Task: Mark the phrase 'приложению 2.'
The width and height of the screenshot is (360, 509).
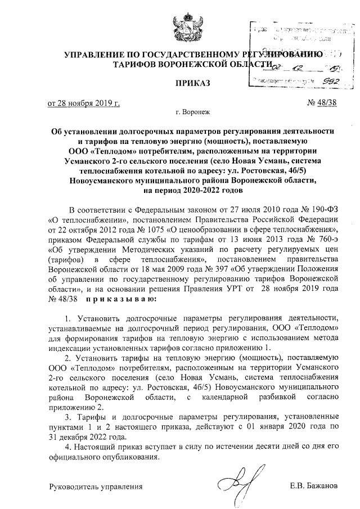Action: pyautogui.click(x=76, y=407)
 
